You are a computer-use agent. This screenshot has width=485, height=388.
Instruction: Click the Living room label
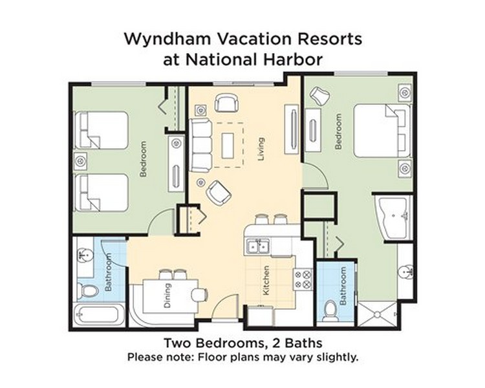(x=261, y=149)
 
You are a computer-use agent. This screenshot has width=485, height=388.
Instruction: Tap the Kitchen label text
(x=266, y=280)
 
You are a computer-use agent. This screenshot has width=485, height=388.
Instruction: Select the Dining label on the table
(x=167, y=296)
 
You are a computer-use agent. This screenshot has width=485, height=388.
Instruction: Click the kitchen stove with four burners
(x=303, y=279)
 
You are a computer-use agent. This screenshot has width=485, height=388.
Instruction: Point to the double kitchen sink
(x=258, y=246)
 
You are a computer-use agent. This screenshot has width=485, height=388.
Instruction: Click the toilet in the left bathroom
(x=87, y=291)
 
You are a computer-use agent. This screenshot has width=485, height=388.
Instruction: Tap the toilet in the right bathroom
(x=329, y=310)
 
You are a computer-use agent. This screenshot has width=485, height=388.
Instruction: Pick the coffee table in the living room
(x=228, y=145)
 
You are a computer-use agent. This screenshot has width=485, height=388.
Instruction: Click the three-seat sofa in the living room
(x=201, y=145)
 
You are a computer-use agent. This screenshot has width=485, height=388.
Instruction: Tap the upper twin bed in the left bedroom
(x=102, y=130)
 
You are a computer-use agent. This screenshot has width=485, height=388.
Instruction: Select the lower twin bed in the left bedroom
(x=102, y=193)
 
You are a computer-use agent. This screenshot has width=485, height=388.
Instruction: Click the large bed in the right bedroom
(x=382, y=131)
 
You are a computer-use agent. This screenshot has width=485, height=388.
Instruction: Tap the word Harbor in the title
(x=293, y=59)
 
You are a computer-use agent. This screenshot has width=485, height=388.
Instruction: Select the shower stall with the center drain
(x=377, y=315)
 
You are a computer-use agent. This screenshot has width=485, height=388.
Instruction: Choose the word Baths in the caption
(x=304, y=343)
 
